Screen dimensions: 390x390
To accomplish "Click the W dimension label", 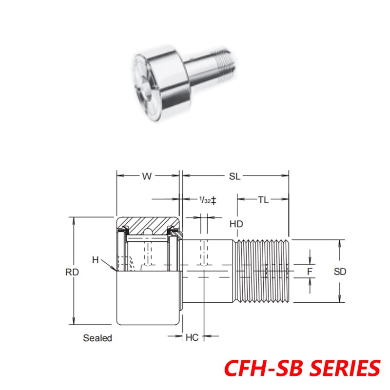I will (147, 177).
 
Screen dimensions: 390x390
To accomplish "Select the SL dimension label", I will (235, 177).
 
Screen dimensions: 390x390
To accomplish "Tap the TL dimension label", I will (263, 199).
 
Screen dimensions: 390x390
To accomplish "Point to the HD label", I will (236, 224).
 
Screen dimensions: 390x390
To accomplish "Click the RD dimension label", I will (72, 273).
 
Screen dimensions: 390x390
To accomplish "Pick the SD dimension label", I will (340, 272).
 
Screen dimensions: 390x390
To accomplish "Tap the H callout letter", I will (96, 260).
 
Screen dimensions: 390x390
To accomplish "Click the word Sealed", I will (97, 338).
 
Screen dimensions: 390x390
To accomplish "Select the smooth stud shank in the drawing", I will (210, 271).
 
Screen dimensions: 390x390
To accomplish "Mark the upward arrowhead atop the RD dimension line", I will (74, 220).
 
